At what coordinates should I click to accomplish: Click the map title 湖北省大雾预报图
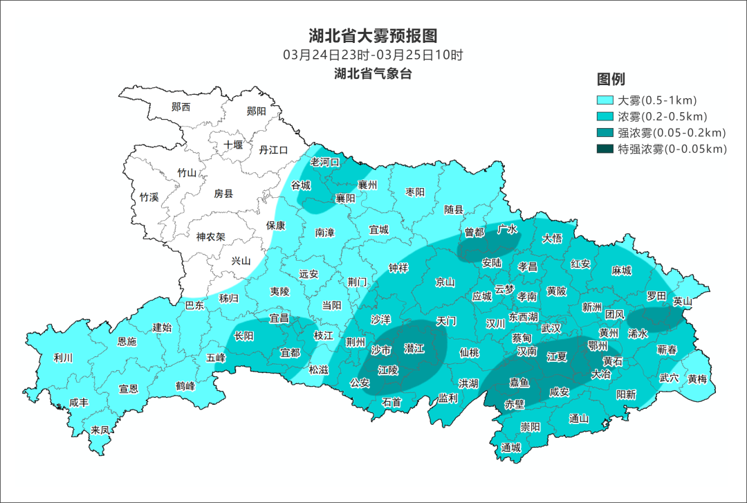[x=373, y=35]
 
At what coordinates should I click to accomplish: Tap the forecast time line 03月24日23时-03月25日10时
[x=373, y=55]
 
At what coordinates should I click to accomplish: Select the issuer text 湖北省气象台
[x=373, y=74]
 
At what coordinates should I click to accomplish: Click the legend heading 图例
[x=611, y=79]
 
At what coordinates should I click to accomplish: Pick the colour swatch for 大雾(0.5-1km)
[x=605, y=100]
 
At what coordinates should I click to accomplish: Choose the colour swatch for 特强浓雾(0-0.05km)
[x=605, y=149]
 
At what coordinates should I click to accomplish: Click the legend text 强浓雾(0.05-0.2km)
[x=671, y=132]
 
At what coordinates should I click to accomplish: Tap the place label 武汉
[x=551, y=328]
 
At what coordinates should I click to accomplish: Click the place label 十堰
[x=233, y=145]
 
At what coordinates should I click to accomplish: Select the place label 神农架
[x=210, y=237]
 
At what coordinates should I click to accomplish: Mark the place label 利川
[x=63, y=358]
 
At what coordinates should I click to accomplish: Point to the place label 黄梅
[x=697, y=379]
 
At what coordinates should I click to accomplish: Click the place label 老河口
[x=325, y=162]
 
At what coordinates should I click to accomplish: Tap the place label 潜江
[x=414, y=349]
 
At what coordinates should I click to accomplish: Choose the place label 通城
[x=511, y=448]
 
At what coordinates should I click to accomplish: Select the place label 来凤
[x=100, y=430]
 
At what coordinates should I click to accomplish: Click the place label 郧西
[x=181, y=107]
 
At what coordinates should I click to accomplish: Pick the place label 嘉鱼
[x=519, y=382]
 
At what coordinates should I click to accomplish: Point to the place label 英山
[x=683, y=301]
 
